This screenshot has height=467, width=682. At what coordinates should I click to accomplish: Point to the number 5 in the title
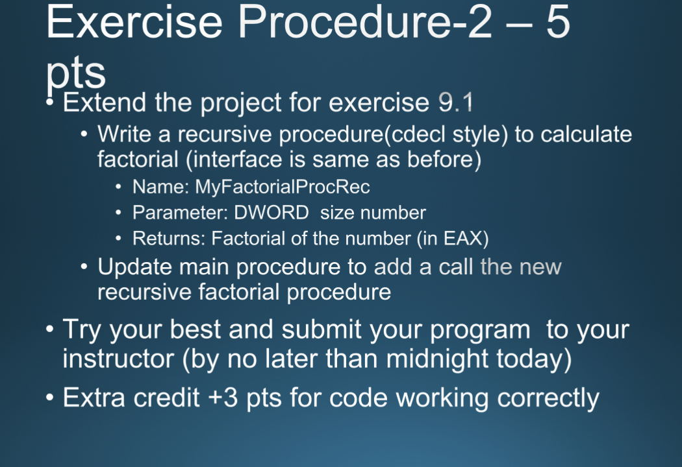tap(557, 23)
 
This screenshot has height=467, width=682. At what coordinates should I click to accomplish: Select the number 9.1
tap(456, 102)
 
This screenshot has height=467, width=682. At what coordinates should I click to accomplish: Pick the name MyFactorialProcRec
tap(283, 187)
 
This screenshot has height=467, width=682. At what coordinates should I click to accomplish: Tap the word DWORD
tap(272, 213)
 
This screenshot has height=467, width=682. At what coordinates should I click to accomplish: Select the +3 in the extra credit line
tap(223, 398)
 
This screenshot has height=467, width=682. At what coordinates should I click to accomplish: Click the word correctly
tap(548, 398)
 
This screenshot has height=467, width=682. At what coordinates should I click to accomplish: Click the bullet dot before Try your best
tap(50, 330)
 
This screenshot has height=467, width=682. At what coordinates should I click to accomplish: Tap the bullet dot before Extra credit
tap(50, 398)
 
